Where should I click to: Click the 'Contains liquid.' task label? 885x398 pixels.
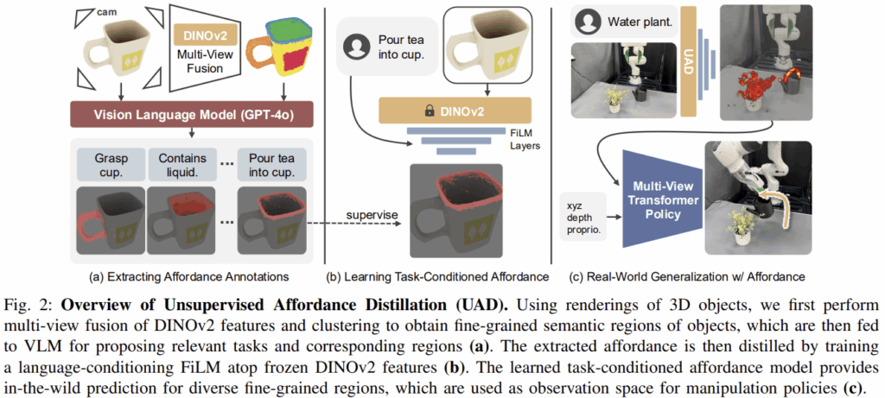point(180,166)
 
